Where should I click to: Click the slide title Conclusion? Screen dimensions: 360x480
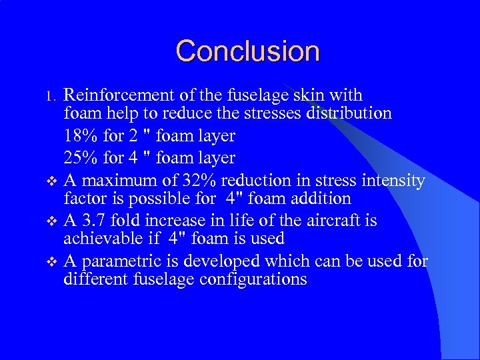coord(248,51)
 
